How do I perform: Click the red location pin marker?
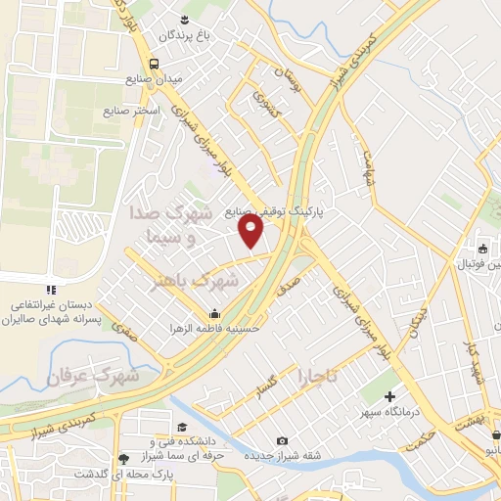coord(251,230)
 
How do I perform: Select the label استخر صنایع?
coord(130,111)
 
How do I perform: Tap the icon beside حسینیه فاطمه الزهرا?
coord(214,313)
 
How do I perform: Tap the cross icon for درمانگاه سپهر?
coord(390,397)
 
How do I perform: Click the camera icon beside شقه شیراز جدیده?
coord(283,441)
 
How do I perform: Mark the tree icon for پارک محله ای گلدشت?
coord(122,458)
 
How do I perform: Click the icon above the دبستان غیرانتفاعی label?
coord(51,290)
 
